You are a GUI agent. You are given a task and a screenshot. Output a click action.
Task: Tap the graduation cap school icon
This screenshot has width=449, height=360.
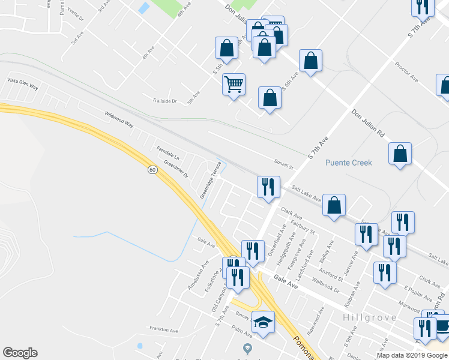tap(263, 322)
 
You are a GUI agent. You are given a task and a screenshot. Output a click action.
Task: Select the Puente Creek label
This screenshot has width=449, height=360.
tap(349, 163)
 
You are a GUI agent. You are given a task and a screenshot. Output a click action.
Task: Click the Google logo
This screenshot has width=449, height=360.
tap(20, 353)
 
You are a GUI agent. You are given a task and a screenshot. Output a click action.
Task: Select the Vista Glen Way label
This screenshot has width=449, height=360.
tap(22, 83)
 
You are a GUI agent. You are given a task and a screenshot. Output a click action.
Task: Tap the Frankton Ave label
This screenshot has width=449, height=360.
tap(164, 330)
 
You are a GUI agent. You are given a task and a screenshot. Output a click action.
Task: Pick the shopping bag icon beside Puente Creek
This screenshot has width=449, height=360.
tap(400, 154)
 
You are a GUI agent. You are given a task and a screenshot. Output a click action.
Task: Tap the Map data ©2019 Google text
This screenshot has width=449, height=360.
tap(412, 355)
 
